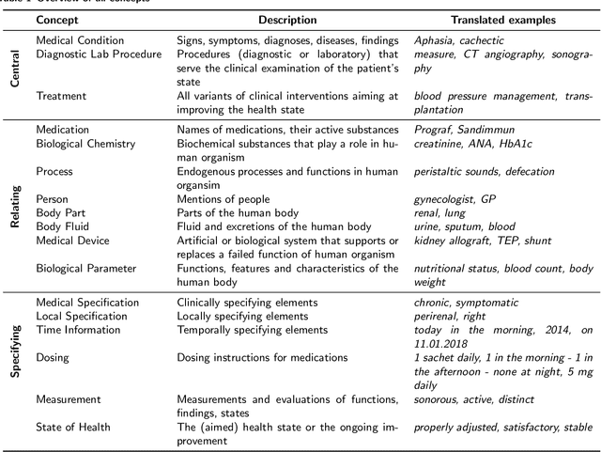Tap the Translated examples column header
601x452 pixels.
[503, 20]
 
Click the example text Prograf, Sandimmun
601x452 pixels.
[464, 130]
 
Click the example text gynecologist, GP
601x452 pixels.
[455, 199]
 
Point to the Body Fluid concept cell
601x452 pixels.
[64, 227]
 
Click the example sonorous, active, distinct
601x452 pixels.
[474, 399]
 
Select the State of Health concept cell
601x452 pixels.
[75, 427]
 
